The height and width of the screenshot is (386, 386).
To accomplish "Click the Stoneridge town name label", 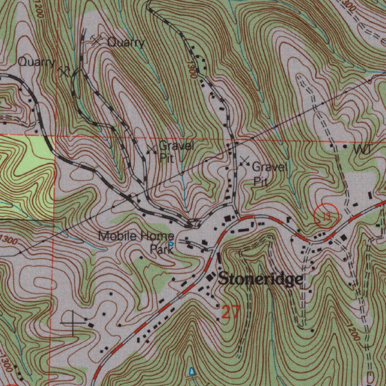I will (x=260, y=279).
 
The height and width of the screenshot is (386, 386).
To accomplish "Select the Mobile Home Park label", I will (x=136, y=242).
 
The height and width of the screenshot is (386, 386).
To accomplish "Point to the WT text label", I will (x=362, y=150).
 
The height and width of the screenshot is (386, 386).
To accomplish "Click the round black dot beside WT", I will (x=346, y=146).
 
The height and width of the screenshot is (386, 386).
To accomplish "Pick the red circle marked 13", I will (x=326, y=216).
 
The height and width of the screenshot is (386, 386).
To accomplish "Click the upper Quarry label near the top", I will (x=126, y=42).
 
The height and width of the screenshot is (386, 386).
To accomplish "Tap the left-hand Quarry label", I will (x=37, y=62).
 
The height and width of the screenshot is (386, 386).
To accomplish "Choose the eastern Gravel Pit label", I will (x=269, y=174).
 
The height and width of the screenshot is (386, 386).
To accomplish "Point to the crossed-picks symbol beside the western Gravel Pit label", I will (x=152, y=149).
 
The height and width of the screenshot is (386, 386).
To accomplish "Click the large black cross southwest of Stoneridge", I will (x=73, y=323).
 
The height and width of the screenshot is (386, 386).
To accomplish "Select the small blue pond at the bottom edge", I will (x=193, y=372).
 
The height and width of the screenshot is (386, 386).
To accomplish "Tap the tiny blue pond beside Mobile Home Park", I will (x=170, y=244).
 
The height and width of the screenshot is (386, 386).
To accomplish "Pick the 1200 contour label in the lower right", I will (x=354, y=332).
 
